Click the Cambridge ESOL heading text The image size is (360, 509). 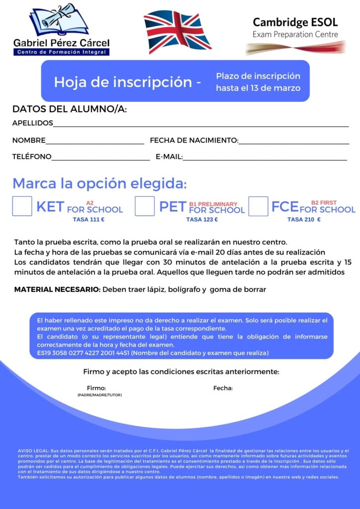click(x=295, y=22)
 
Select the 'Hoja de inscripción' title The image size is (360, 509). click(x=122, y=82)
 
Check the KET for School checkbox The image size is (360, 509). click(x=22, y=206)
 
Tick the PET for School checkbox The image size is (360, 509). click(x=145, y=206)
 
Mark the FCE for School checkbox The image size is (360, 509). click(x=258, y=206)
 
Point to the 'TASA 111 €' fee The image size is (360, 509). click(x=89, y=219)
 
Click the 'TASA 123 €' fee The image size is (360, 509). click(x=202, y=219)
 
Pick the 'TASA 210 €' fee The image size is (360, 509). click(x=304, y=219)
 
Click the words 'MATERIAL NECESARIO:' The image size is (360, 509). click(x=57, y=289)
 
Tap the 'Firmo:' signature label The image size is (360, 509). click(x=96, y=388)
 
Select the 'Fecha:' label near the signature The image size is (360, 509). click(x=223, y=388)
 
